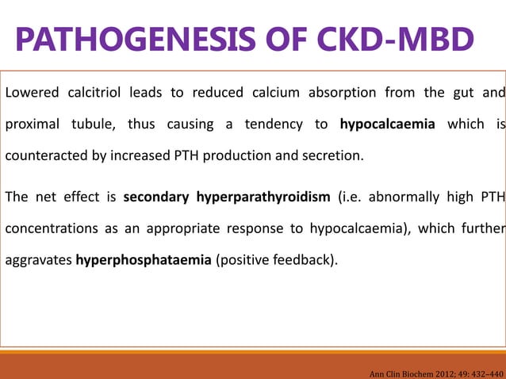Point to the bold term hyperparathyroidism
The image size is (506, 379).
pyautogui.click(x=262, y=196)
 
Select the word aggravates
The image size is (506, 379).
pyautogui.click(x=38, y=258)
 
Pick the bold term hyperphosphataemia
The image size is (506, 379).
pyautogui.click(x=144, y=258)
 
